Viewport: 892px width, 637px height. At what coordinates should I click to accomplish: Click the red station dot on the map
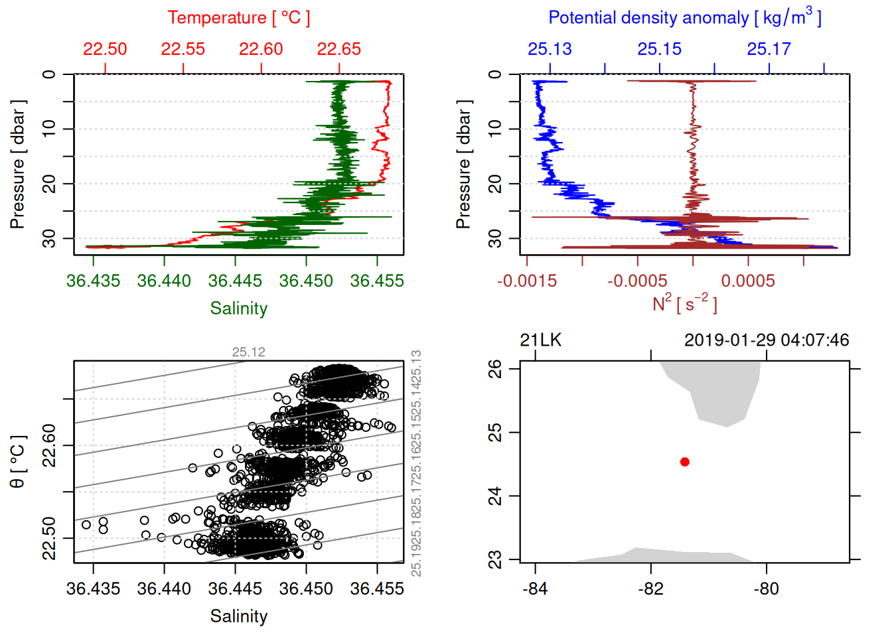(684, 462)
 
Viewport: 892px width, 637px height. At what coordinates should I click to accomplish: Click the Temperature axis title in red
(239, 18)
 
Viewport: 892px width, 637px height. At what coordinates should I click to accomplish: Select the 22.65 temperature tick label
(339, 49)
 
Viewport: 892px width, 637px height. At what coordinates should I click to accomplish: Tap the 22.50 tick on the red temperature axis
(105, 49)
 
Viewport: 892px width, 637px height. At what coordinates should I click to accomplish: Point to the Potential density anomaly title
(684, 18)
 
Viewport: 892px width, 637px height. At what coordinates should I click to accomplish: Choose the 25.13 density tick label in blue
(550, 49)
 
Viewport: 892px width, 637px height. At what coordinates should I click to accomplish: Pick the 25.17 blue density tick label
(769, 49)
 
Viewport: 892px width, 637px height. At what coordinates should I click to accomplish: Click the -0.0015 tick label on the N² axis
(527, 281)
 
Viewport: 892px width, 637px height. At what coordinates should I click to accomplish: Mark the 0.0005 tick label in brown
(748, 281)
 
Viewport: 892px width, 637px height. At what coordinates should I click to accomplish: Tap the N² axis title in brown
(684, 303)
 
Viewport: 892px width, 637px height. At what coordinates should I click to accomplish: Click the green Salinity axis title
(239, 309)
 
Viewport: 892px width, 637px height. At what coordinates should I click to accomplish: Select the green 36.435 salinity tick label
(93, 281)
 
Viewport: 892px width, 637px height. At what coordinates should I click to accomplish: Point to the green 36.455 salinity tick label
(377, 281)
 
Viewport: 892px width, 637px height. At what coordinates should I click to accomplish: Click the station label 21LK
(540, 340)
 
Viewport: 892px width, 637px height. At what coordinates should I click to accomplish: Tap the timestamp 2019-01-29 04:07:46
(767, 340)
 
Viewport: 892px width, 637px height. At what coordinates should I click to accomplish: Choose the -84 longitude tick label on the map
(535, 589)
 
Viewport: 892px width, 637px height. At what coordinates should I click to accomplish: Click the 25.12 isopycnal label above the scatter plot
(248, 352)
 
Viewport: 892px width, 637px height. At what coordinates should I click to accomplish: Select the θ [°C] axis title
(18, 462)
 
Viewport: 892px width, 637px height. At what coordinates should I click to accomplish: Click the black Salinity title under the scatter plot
(239, 616)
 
